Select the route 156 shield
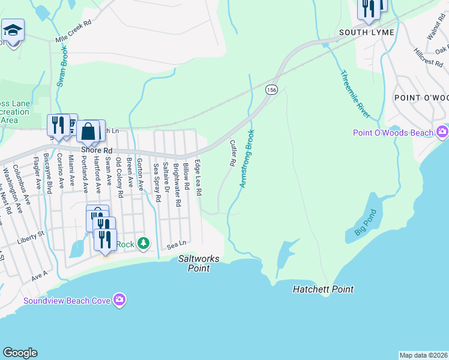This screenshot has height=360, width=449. point(272,89)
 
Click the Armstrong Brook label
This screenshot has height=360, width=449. point(247,158)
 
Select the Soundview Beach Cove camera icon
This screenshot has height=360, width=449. point(119,299)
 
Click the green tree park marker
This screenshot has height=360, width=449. point(143,243)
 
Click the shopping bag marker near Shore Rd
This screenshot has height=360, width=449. point(88,130)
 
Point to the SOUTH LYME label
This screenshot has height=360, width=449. point(366,32)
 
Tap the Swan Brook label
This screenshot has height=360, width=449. point(62,69)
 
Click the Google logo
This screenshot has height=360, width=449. point(20,353)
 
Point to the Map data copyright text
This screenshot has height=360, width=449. point(424,355)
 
